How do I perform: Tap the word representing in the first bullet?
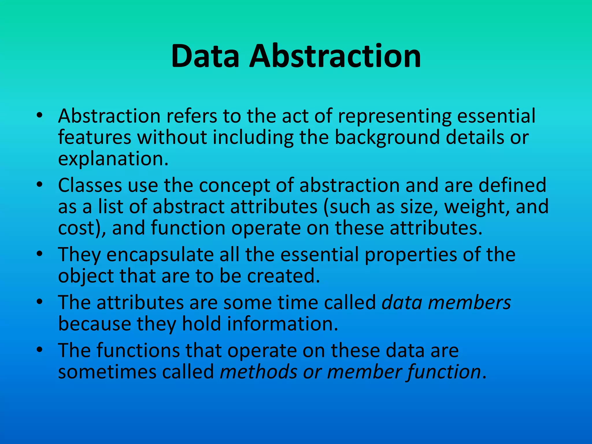pyautogui.click(x=395, y=116)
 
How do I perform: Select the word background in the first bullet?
pyautogui.click(x=387, y=138)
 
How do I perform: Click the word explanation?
pyautogui.click(x=113, y=159)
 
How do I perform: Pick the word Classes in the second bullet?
pyautogui.click(x=90, y=185)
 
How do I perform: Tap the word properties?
pyautogui.click(x=411, y=255)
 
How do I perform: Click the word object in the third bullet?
pyautogui.click(x=86, y=276)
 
